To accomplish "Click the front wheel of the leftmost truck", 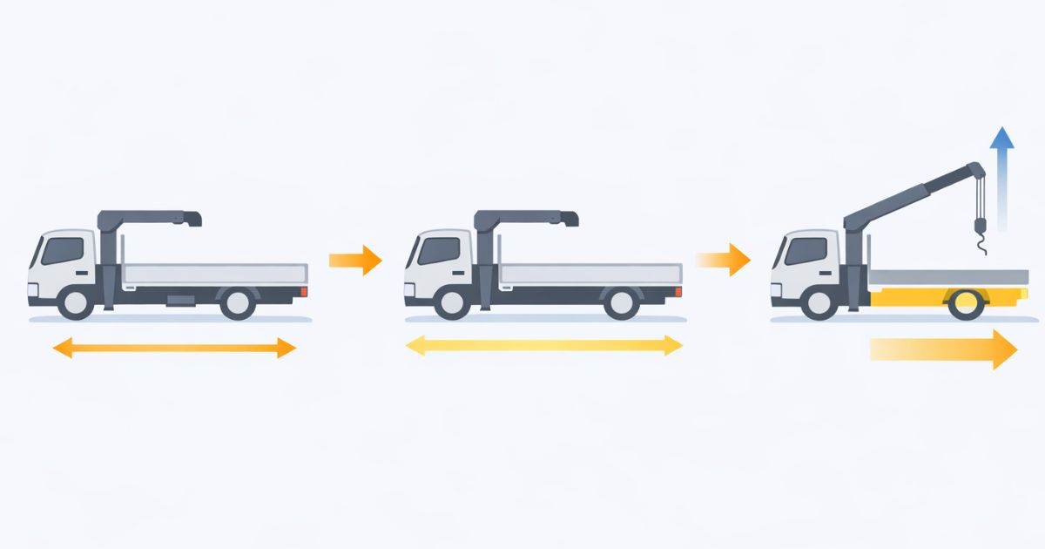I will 76,302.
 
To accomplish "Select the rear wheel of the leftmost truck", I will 237,302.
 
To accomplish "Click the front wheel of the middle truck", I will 452,302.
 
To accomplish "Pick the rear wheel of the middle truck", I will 621,302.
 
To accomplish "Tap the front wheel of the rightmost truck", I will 819,302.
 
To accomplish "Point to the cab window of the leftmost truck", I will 63,250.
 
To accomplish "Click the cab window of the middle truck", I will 439,250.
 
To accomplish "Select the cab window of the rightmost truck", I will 806,250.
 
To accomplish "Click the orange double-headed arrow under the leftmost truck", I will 174,349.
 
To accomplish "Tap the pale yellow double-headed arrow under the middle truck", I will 544,346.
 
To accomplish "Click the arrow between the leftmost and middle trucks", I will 355,260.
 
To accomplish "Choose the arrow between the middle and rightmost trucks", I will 725,260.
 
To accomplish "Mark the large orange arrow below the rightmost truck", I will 945,349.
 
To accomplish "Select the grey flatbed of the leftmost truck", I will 213,273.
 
